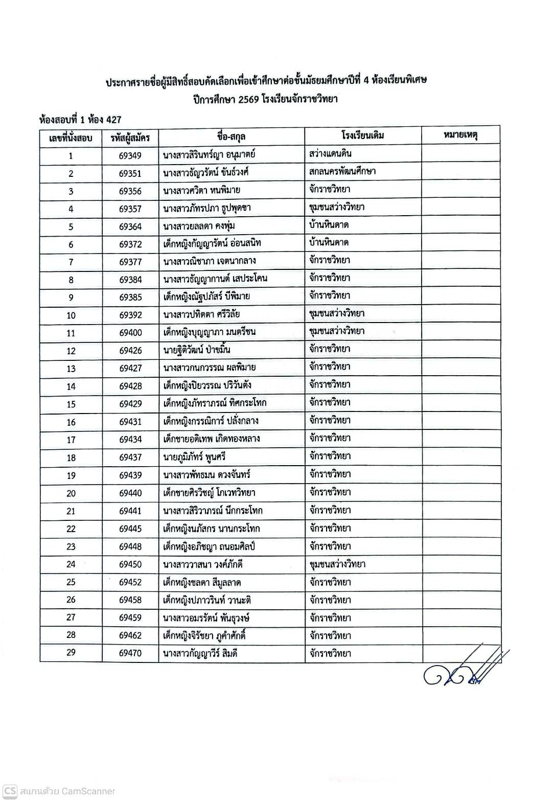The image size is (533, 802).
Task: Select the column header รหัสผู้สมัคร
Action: [130, 138]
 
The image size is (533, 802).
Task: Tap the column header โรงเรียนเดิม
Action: [363, 135]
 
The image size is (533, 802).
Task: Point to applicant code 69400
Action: [130, 333]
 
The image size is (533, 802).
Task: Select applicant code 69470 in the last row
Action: [130, 653]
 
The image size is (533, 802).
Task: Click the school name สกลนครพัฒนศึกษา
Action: [342, 171]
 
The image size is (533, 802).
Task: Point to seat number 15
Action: [71, 404]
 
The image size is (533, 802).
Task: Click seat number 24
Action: [71, 564]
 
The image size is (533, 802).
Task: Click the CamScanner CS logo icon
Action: [10, 791]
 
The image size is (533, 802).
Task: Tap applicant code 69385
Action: [130, 297]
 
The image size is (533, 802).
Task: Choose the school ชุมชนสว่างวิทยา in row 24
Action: [337, 564]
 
